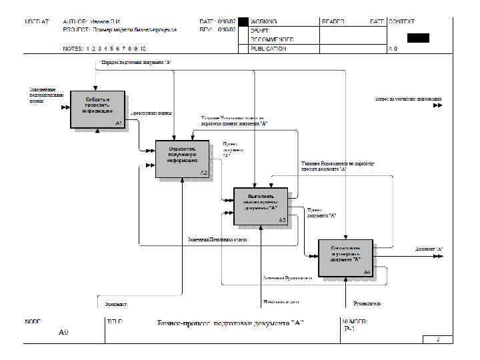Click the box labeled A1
click(97, 109)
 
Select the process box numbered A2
click(183, 159)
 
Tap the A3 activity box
click(261, 205)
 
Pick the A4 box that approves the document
click(345, 257)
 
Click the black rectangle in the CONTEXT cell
click(418, 37)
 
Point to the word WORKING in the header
click(265, 22)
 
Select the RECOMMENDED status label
click(269, 39)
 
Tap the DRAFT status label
click(259, 31)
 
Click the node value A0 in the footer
click(63, 331)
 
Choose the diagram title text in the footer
click(230, 323)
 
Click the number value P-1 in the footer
click(349, 329)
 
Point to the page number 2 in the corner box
click(438, 339)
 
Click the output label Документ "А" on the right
click(429, 249)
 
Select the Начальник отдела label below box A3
click(279, 302)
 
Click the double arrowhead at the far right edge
click(437, 105)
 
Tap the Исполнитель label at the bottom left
click(116, 304)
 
